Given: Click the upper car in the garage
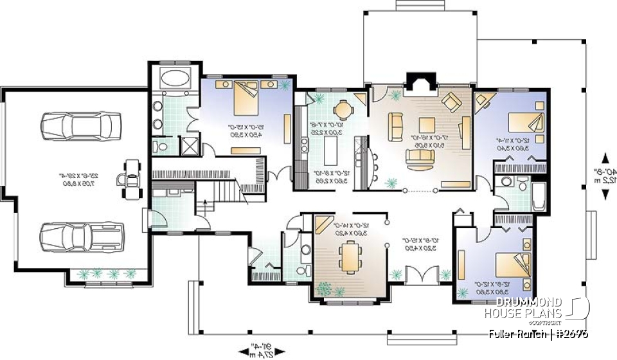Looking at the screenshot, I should pyautogui.click(x=80, y=125).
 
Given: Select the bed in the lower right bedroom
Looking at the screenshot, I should pyautogui.click(x=512, y=264).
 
